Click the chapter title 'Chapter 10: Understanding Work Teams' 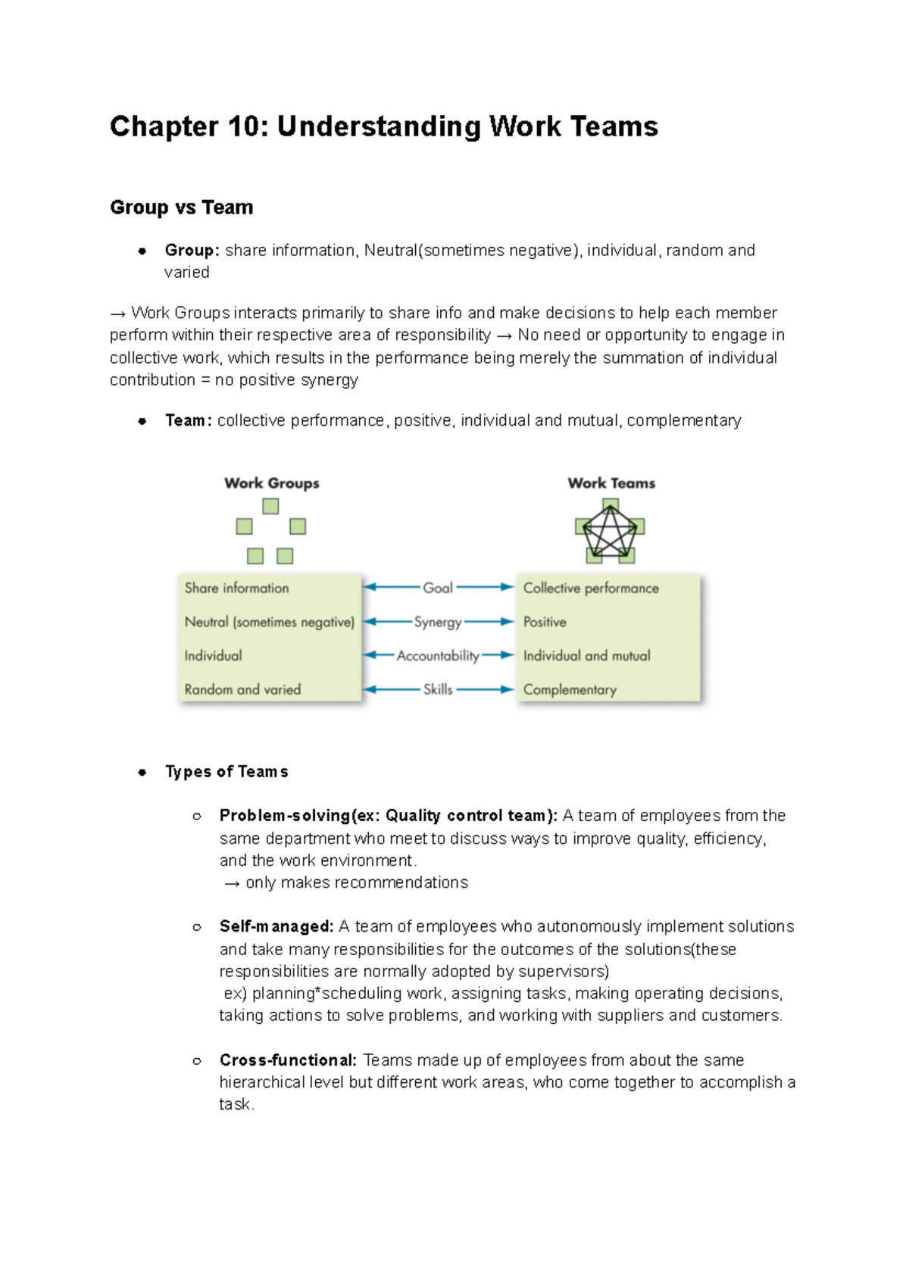383,126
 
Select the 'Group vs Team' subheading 182,208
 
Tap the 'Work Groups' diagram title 271,483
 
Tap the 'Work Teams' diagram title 611,483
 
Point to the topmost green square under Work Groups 270,506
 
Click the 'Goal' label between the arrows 437,588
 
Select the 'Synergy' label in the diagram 437,622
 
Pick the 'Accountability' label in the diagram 438,656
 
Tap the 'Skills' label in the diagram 438,689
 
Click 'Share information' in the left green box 236,588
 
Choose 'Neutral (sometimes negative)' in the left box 269,622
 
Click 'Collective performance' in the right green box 591,588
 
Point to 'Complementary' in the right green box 570,690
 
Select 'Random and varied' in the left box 242,689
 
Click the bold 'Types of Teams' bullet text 226,772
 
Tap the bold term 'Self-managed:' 276,927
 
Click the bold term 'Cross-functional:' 288,1060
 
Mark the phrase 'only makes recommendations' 356,883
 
